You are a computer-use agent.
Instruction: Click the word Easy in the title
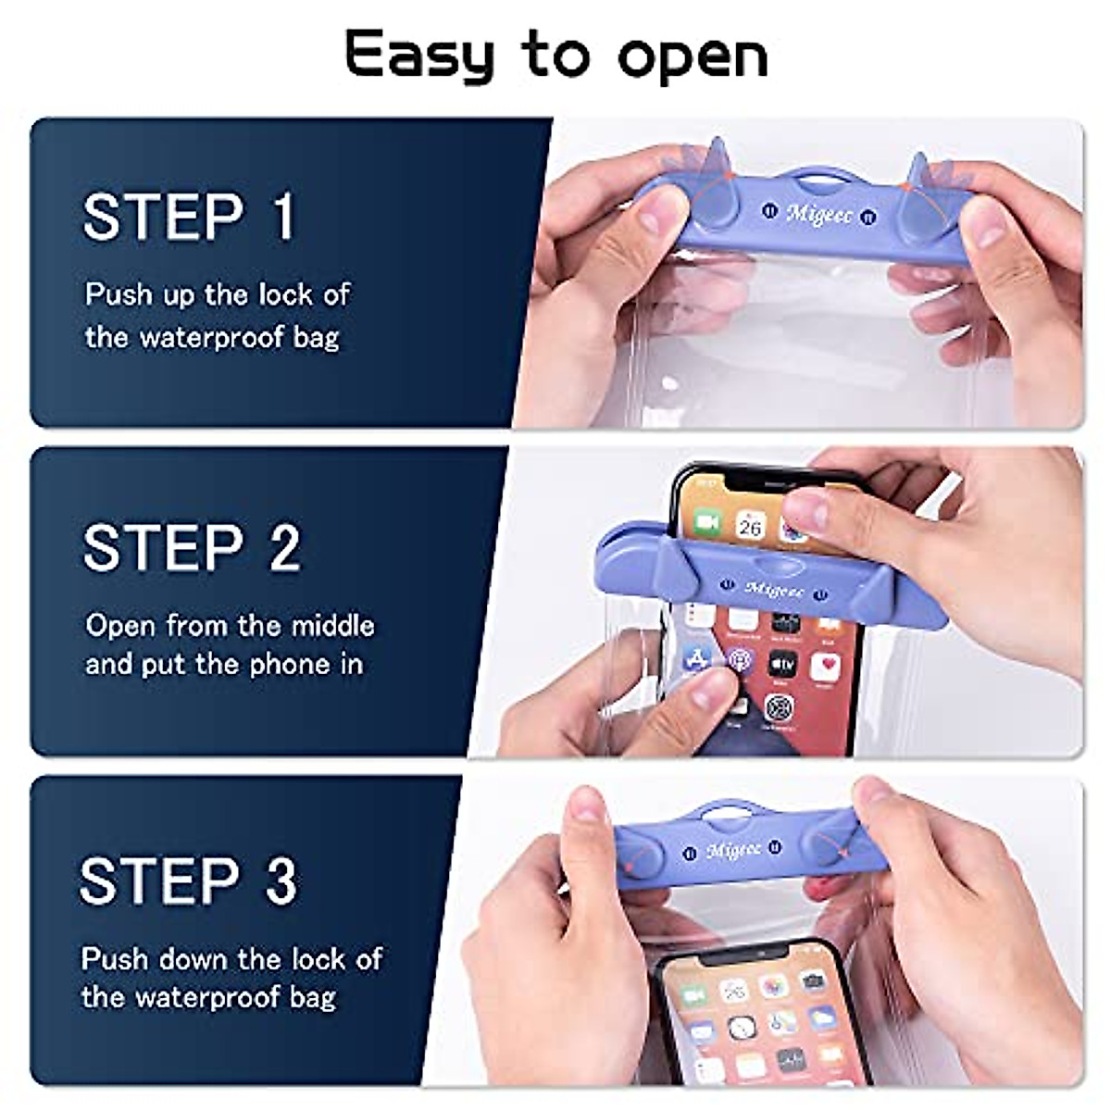419,56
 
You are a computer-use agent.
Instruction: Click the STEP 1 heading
189,217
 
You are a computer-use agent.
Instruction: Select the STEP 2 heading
192,547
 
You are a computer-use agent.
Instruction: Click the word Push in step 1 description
119,294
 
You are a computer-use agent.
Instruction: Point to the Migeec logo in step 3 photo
733,849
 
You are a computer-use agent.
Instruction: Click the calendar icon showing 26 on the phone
750,526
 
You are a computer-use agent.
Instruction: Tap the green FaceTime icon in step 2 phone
707,523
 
